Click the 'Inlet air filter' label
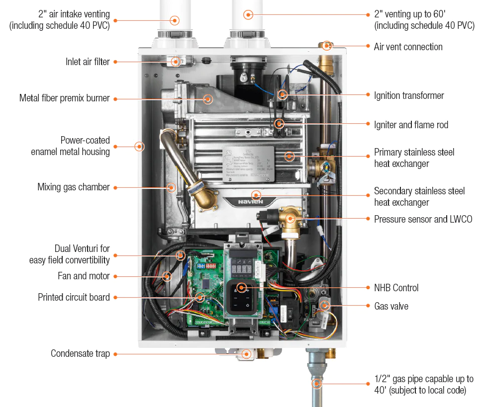coord(88,62)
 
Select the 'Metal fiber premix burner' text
coord(64,98)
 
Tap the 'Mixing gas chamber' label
coord(73,187)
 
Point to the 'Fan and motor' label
coord(84,276)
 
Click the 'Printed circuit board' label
coord(74,297)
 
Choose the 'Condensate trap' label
coord(80,354)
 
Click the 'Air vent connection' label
coord(408,47)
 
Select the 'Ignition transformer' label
coord(409,95)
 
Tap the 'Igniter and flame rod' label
coord(411,125)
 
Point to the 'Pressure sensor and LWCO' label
coord(423,219)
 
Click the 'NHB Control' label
coord(396,288)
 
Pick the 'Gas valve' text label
coord(391,306)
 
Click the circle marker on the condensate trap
coord(246,354)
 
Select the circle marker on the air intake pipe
coord(175,20)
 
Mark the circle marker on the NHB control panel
coord(242,287)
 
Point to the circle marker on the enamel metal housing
coord(140,146)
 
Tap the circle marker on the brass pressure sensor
coord(291,218)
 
